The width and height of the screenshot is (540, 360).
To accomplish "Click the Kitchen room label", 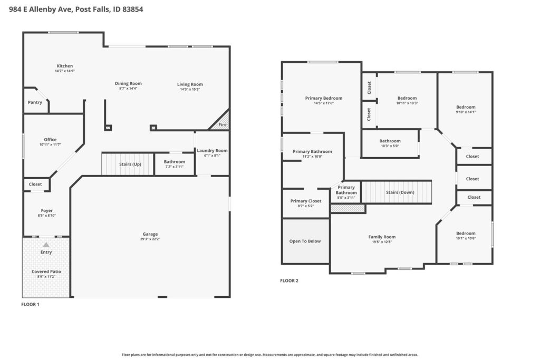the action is pyautogui.click(x=65, y=66).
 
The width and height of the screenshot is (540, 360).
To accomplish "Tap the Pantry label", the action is pyautogui.click(x=35, y=102).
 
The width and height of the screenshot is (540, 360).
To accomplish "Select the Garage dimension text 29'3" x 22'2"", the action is pyautogui.click(x=150, y=239).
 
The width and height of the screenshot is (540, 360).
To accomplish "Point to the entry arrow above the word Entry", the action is pyautogui.click(x=46, y=245).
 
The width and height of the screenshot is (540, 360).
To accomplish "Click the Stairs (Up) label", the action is pyautogui.click(x=130, y=164).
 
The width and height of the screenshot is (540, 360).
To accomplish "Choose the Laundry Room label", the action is pyautogui.click(x=212, y=150).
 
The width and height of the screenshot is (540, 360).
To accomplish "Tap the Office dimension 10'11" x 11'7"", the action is pyautogui.click(x=50, y=144).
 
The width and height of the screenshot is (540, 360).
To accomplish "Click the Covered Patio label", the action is pyautogui.click(x=46, y=271).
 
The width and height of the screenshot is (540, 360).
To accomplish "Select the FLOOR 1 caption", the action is pyautogui.click(x=30, y=304).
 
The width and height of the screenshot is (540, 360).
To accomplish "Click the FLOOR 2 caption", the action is pyautogui.click(x=290, y=280).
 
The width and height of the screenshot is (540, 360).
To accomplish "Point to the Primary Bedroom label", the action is pyautogui.click(x=324, y=98).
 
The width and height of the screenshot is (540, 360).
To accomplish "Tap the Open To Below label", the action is pyautogui.click(x=305, y=241).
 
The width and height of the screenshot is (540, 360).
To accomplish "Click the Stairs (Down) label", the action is pyautogui.click(x=400, y=192).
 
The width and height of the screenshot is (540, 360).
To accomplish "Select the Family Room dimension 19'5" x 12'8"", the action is pyautogui.click(x=382, y=241).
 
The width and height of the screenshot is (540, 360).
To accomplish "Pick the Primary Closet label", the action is pyautogui.click(x=306, y=201).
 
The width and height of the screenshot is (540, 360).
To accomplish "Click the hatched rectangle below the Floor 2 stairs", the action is pyautogui.click(x=348, y=208).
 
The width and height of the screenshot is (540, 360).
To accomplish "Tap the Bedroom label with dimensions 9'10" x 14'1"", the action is pyautogui.click(x=466, y=107).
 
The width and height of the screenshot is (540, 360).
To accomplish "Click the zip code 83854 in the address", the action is pyautogui.click(x=132, y=9).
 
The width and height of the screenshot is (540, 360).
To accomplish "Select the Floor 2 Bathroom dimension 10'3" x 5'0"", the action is pyautogui.click(x=390, y=146).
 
